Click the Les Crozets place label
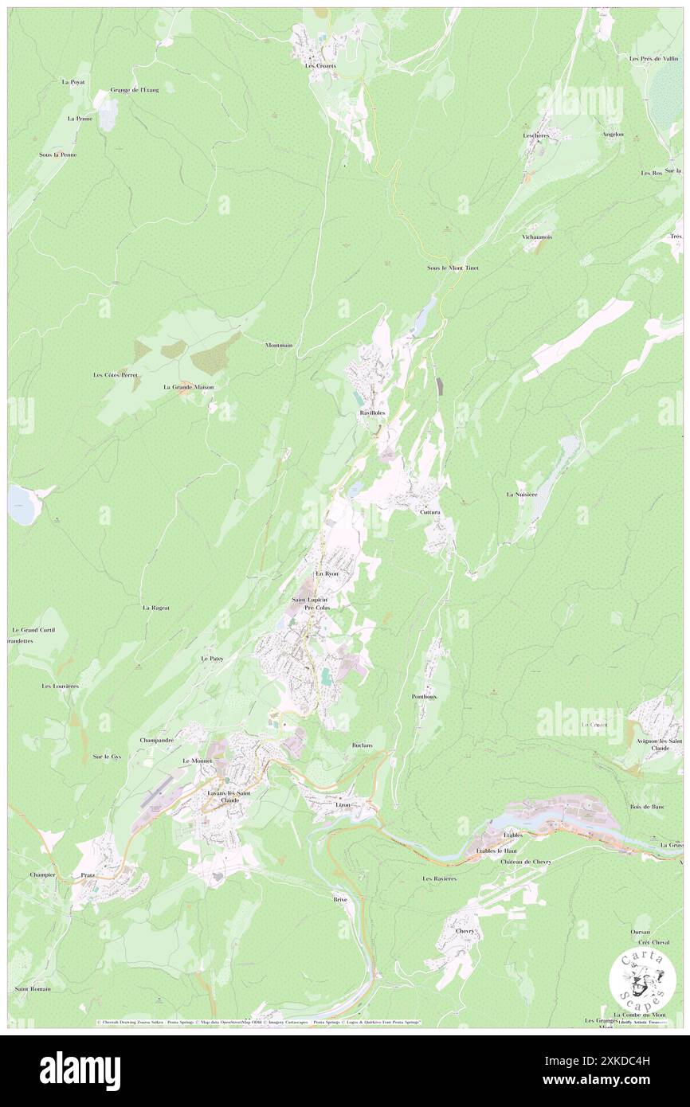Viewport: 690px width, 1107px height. point(320,65)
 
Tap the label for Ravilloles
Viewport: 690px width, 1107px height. point(372,414)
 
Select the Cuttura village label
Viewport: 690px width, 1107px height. point(430,512)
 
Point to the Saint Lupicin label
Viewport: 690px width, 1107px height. point(309,599)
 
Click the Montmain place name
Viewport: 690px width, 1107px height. point(279,345)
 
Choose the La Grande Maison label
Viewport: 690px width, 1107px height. point(188,387)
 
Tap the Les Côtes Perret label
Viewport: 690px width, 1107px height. point(116,374)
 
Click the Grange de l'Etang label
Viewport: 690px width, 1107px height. point(135,90)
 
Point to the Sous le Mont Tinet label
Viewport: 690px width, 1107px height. point(453,268)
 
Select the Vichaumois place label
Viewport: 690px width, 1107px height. point(537,237)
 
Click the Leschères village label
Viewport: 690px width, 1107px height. point(535,135)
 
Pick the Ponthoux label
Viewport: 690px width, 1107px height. point(424,696)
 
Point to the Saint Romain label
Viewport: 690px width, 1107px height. point(33,989)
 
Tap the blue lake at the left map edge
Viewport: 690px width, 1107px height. point(22,505)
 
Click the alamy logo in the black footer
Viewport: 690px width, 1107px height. point(80,1071)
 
